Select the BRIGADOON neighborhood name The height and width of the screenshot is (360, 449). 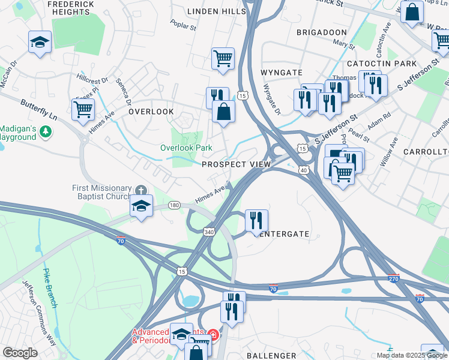(322, 32)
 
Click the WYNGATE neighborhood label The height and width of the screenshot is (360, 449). (281, 73)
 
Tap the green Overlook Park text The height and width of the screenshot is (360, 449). (186, 148)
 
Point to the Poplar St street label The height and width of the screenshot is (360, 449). (183, 27)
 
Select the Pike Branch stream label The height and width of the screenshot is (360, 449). (50, 288)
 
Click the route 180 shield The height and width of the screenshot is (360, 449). (174, 205)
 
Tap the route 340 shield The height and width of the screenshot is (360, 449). (209, 232)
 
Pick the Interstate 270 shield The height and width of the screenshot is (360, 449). (393, 278)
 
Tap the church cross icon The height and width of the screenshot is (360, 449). (141, 190)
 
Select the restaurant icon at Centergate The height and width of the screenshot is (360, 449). (256, 220)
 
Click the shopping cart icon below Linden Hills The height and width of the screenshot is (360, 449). (223, 58)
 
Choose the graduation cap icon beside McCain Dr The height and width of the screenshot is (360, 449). (40, 41)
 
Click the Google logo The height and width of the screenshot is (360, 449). (20, 353)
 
